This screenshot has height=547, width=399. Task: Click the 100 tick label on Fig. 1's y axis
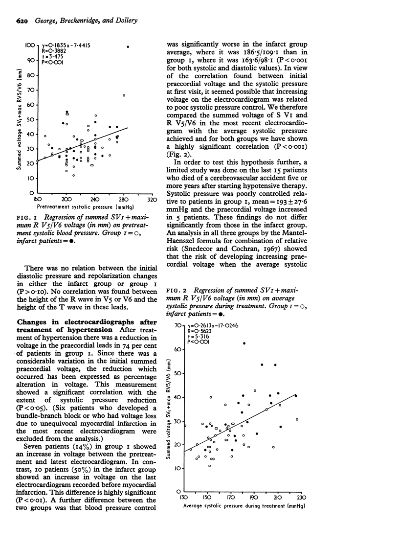[30, 45]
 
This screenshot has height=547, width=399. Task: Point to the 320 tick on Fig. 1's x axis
[152, 200]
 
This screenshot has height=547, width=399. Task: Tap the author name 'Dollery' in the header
[124, 20]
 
